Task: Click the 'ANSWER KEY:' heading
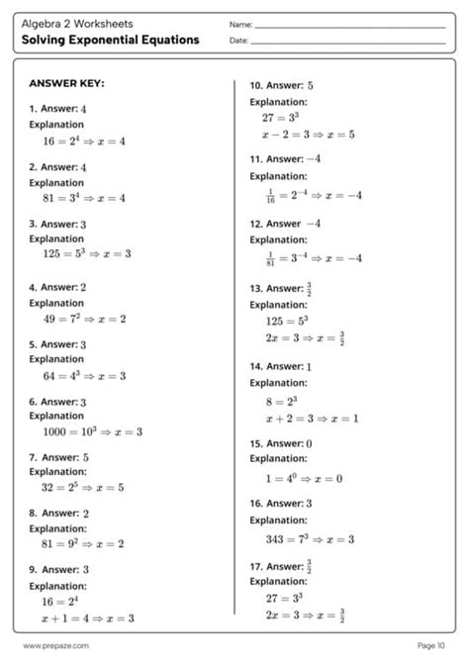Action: point(66,84)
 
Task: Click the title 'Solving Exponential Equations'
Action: point(113,41)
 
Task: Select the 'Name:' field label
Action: point(239,24)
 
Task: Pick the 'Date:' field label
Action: point(237,41)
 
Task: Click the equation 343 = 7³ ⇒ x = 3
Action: point(310,538)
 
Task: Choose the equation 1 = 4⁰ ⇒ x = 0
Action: point(302,479)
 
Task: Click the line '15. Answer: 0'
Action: point(281,444)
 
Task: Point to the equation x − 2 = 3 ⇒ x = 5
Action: point(308,135)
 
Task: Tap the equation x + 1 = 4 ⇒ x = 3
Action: point(87,617)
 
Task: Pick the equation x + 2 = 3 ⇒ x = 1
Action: point(309,420)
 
